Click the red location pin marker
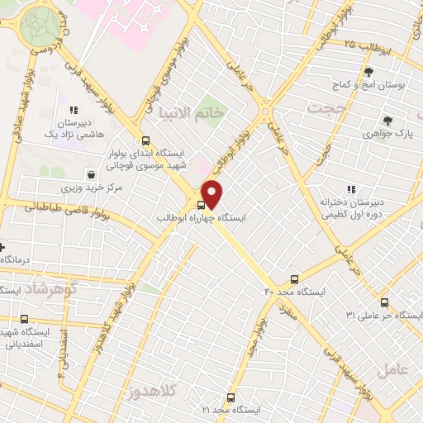coord(212,193)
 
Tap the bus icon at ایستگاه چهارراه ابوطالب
coord(201,205)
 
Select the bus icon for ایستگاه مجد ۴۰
coord(295,279)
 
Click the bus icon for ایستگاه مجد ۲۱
coord(231,397)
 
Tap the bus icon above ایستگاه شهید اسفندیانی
coord(24,319)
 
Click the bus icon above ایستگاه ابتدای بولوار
coord(145,140)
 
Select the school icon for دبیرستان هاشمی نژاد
coord(74,110)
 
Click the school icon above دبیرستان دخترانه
coord(352,189)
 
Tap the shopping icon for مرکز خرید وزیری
coord(90,175)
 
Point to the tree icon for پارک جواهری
coord(387,119)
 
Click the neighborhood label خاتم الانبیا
coord(190,111)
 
